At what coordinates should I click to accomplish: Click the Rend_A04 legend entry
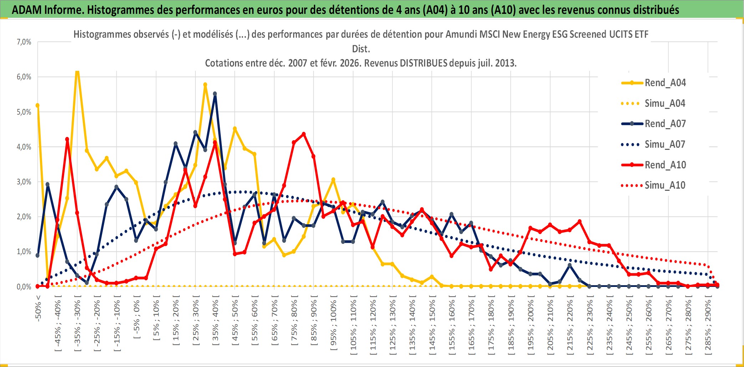coord(665,83)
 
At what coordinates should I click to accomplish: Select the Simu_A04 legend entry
coord(665,104)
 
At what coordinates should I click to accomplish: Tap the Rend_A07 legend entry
coord(665,124)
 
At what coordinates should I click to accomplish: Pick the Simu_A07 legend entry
coord(665,145)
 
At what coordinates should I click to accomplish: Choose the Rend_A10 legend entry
coord(665,165)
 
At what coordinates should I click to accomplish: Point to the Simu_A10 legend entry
coord(665,185)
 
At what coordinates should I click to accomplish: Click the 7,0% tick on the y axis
coord(24,42)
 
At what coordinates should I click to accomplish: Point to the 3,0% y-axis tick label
coord(24,182)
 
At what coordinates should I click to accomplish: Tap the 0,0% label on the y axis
coord(24,287)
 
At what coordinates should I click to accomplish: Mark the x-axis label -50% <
coord(38,308)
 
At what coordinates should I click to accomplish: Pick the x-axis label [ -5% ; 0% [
coord(137,317)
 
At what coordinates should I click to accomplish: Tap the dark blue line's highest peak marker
coord(215,94)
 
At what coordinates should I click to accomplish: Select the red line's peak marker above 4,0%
coord(304,134)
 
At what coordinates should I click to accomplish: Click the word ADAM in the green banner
coord(26,10)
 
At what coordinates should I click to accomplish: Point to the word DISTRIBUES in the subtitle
coord(423,63)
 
